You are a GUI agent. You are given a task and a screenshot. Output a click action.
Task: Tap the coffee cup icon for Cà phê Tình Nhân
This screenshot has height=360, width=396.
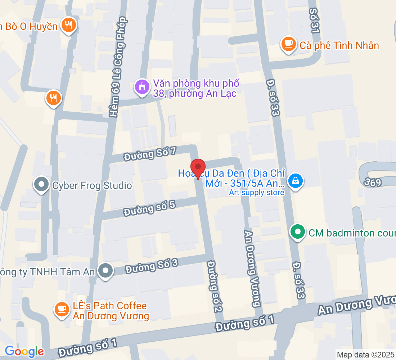pyautogui.click(x=288, y=44)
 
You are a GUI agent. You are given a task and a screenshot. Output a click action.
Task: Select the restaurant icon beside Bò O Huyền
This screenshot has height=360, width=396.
pyautogui.click(x=68, y=26)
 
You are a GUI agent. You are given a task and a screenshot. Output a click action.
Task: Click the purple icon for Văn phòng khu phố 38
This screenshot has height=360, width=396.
pyautogui.click(x=142, y=87)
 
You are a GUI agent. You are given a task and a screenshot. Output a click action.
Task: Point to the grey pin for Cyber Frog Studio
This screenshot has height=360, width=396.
pyautogui.click(x=41, y=185)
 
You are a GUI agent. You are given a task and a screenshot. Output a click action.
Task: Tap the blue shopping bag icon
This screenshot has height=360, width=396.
pyautogui.click(x=295, y=180)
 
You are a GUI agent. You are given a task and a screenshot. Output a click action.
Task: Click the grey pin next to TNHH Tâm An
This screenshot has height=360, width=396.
pyautogui.click(x=105, y=271)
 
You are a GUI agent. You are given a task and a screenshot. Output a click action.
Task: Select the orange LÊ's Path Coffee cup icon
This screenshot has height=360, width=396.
pyautogui.click(x=62, y=309)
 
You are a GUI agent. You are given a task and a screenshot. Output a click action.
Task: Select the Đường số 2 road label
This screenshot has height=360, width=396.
pyautogui.click(x=215, y=287)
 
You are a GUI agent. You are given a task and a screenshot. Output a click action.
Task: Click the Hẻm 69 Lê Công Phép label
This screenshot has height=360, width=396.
pyautogui.click(x=119, y=67)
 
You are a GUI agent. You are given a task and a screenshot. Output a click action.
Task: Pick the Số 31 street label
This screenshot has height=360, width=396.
pyautogui.click(x=314, y=22)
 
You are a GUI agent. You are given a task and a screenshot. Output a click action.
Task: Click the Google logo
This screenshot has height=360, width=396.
pyautogui.click(x=24, y=351)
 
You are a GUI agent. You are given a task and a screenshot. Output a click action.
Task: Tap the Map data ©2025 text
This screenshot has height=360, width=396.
pyautogui.click(x=365, y=355)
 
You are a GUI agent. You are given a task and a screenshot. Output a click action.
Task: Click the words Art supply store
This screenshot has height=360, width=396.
pyautogui.click(x=257, y=193)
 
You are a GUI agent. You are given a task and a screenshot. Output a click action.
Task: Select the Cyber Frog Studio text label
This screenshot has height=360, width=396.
pyautogui.click(x=92, y=186)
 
